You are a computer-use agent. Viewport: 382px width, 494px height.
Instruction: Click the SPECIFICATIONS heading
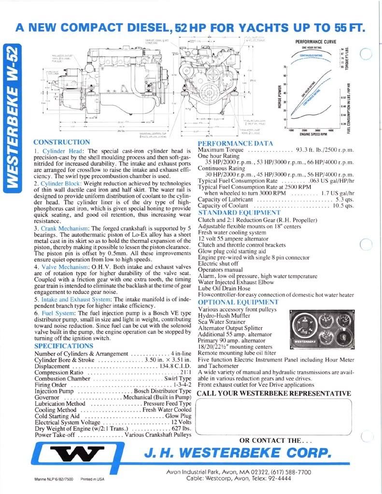64,346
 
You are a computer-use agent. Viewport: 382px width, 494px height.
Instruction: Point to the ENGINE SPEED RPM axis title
311,135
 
